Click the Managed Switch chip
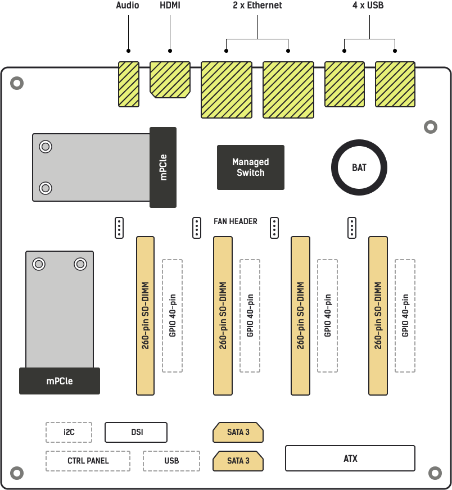(x=251, y=167)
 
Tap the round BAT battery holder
(x=359, y=167)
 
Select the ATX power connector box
(x=350, y=458)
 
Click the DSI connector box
(x=136, y=432)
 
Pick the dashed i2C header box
(x=69, y=432)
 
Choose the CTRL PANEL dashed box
(x=88, y=461)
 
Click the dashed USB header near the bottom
(x=171, y=461)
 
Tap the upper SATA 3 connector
(x=238, y=432)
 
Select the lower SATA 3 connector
(x=238, y=461)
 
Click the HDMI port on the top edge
(x=170, y=79)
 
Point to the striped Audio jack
(x=129, y=84)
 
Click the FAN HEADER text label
(x=236, y=221)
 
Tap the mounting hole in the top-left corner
(x=17, y=83)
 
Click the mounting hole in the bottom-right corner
(x=435, y=473)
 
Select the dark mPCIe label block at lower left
(x=60, y=381)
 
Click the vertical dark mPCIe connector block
(x=163, y=167)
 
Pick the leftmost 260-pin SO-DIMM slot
(x=145, y=315)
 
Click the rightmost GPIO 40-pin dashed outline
(x=405, y=315)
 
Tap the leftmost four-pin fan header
(x=119, y=228)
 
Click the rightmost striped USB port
(x=395, y=84)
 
